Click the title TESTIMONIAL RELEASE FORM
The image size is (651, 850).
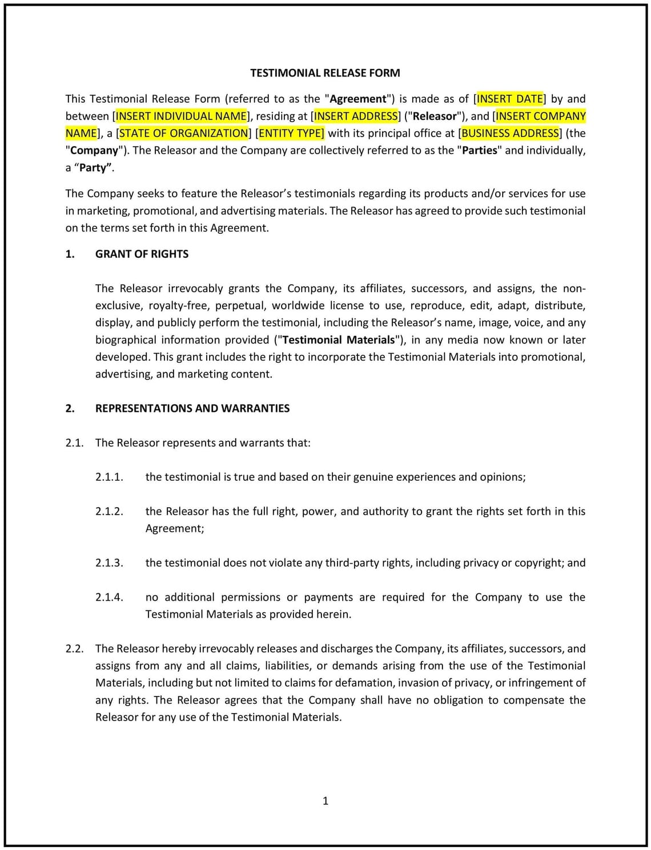point(325,73)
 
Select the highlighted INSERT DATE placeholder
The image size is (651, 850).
point(510,99)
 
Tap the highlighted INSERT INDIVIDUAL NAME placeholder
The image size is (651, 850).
point(181,116)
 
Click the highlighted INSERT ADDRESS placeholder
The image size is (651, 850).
point(356,116)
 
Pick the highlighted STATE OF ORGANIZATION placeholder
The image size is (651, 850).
point(183,133)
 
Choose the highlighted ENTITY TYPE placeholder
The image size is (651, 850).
point(291,133)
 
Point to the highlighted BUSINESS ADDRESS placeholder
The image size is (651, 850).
point(510,133)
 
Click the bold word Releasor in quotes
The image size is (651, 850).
point(435,116)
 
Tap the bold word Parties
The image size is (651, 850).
point(480,150)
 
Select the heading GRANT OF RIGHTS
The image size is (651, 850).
point(142,254)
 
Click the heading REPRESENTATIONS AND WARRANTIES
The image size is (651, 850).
point(192,408)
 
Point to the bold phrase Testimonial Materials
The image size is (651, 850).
point(339,340)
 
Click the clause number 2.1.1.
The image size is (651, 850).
point(109,477)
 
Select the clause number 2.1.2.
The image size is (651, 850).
point(109,511)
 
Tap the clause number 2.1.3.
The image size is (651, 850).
point(109,562)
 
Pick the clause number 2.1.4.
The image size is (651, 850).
point(109,597)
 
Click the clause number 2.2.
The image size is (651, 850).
point(74,649)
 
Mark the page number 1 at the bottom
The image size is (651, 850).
point(325,801)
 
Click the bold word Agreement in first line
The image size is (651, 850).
point(358,99)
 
